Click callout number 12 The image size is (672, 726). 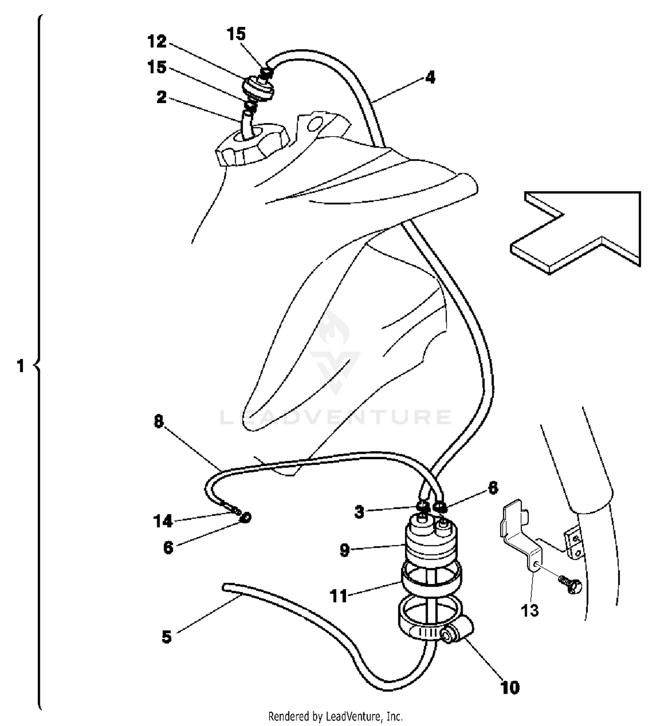pos(157,42)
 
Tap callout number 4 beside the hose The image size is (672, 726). pos(430,77)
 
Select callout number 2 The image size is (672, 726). pos(161,97)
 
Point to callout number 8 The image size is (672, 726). pos(159,421)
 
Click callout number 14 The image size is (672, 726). pos(163,521)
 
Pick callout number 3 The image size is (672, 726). pos(359,511)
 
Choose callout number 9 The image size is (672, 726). pos(344,550)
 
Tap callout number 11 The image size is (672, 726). pos(339,596)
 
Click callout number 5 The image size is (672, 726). pos(167,636)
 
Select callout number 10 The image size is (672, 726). pos(510,687)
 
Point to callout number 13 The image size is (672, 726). pos(530,610)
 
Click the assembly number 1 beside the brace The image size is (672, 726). pos(20,366)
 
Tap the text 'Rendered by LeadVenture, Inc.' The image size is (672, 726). pos(336,716)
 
